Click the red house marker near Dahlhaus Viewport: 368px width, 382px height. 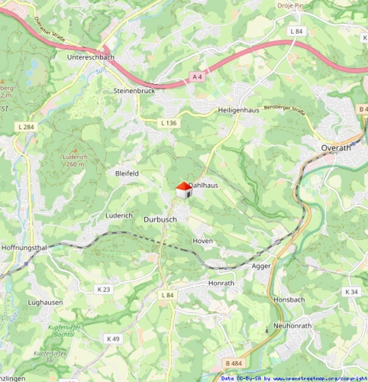coord(182,190)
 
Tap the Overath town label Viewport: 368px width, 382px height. coord(336,148)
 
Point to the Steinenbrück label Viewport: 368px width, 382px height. coord(134,90)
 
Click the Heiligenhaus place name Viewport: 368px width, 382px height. coord(240,110)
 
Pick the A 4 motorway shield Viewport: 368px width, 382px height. coord(198,77)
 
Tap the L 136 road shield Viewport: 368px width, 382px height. coord(169,123)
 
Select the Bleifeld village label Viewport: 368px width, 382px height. coord(127,173)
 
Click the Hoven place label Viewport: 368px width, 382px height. coord(202,241)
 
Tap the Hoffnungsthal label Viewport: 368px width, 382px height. coord(24,248)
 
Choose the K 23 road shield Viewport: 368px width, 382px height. coord(104,289)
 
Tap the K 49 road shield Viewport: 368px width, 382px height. coord(113,338)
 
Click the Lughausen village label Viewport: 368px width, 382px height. coord(45,303)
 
